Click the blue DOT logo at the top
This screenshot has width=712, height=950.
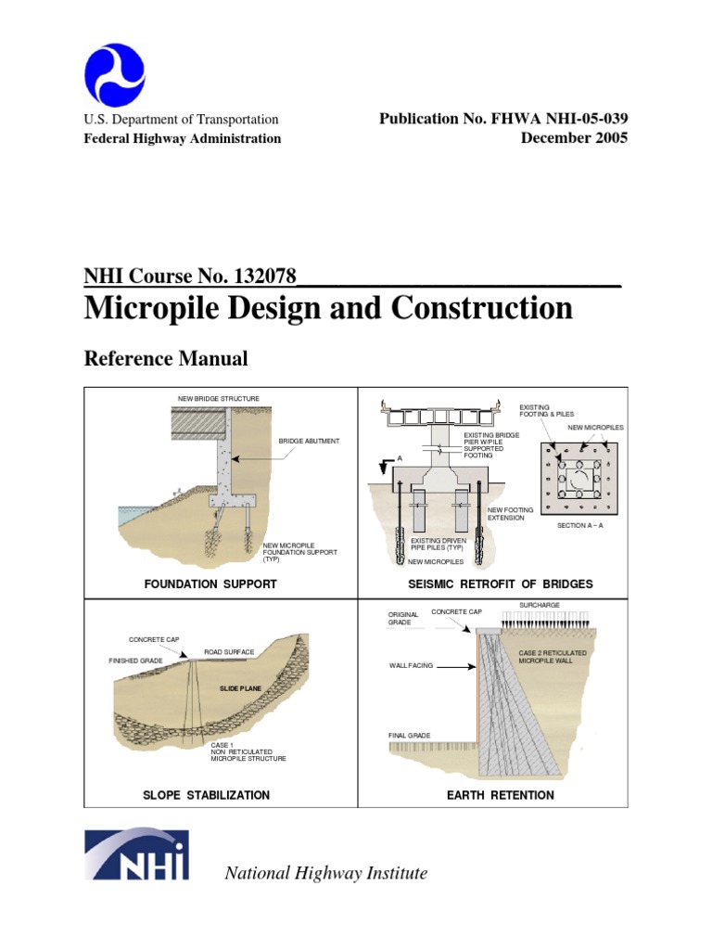tap(114, 75)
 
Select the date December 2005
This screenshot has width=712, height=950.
tap(574, 138)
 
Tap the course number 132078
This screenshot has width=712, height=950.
tap(261, 276)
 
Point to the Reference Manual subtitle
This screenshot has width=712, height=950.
tap(166, 357)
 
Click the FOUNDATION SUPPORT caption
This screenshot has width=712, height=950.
tap(210, 584)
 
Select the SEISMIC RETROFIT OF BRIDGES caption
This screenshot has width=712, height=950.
tap(500, 584)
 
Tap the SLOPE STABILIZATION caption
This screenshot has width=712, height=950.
tap(207, 795)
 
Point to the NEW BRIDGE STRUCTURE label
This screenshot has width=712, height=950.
tap(219, 399)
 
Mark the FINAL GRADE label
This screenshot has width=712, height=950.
tap(409, 736)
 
